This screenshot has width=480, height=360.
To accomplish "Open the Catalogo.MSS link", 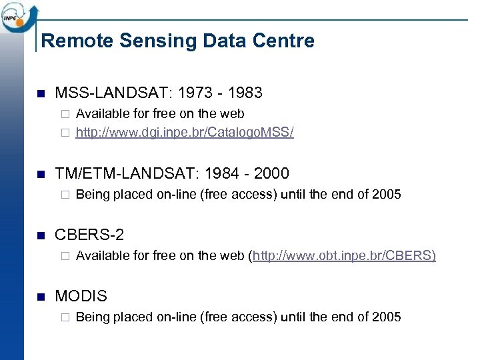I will click(x=185, y=132).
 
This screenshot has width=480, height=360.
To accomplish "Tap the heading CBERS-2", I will click(x=89, y=235).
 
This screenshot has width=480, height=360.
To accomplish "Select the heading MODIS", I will click(x=81, y=295).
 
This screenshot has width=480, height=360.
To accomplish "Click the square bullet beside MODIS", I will click(x=39, y=296).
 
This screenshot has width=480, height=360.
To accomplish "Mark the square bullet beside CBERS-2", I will click(x=39, y=235).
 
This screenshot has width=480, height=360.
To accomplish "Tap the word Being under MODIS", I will click(x=93, y=317).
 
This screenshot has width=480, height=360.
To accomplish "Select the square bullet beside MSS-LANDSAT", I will click(x=39, y=93).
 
